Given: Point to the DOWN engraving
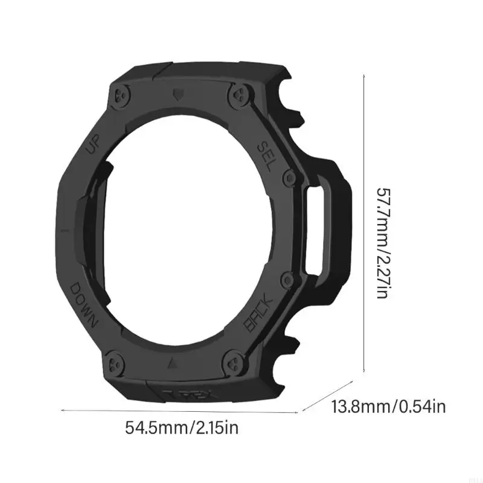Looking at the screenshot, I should tap(84, 304).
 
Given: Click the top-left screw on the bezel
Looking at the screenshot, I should tap(119, 95).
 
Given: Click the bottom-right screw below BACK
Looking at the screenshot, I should tap(232, 364).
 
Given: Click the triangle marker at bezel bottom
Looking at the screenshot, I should tap(172, 364).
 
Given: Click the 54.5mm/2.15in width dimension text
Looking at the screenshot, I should tap(182, 429).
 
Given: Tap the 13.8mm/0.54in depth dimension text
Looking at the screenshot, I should tap(389, 406).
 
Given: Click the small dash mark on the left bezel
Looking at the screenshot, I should tap(63, 230).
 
